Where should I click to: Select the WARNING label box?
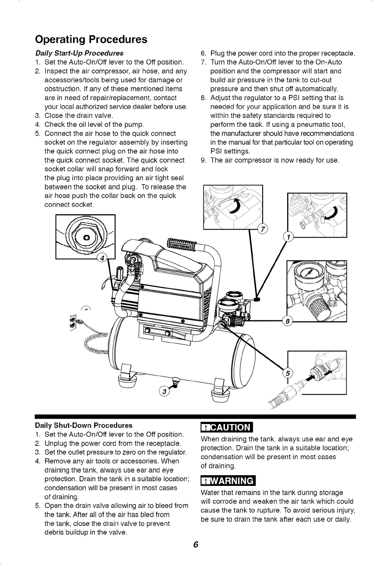(x=227, y=481)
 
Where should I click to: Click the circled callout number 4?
(x=102, y=258)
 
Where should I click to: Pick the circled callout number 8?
(x=288, y=321)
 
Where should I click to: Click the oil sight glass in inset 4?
(x=85, y=236)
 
